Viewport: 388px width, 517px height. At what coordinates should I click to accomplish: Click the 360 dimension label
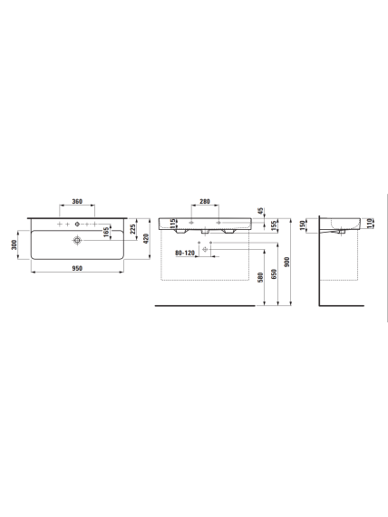pyautogui.click(x=77, y=201)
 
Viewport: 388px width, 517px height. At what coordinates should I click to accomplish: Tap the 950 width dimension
pyautogui.click(x=77, y=268)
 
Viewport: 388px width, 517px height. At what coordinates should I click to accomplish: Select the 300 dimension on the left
pyautogui.click(x=15, y=244)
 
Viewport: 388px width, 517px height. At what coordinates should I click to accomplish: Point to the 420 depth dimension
pyautogui.click(x=147, y=238)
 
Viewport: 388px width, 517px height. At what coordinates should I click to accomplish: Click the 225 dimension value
pyautogui.click(x=132, y=229)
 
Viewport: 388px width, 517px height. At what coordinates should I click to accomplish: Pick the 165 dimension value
pyautogui.click(x=106, y=232)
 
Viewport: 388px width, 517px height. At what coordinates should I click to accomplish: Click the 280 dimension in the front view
pyautogui.click(x=205, y=201)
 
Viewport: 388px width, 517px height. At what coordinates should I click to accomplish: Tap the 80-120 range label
pyautogui.click(x=185, y=253)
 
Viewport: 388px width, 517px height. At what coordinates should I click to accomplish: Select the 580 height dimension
pyautogui.click(x=260, y=278)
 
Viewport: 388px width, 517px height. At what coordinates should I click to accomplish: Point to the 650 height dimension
pyautogui.click(x=274, y=274)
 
